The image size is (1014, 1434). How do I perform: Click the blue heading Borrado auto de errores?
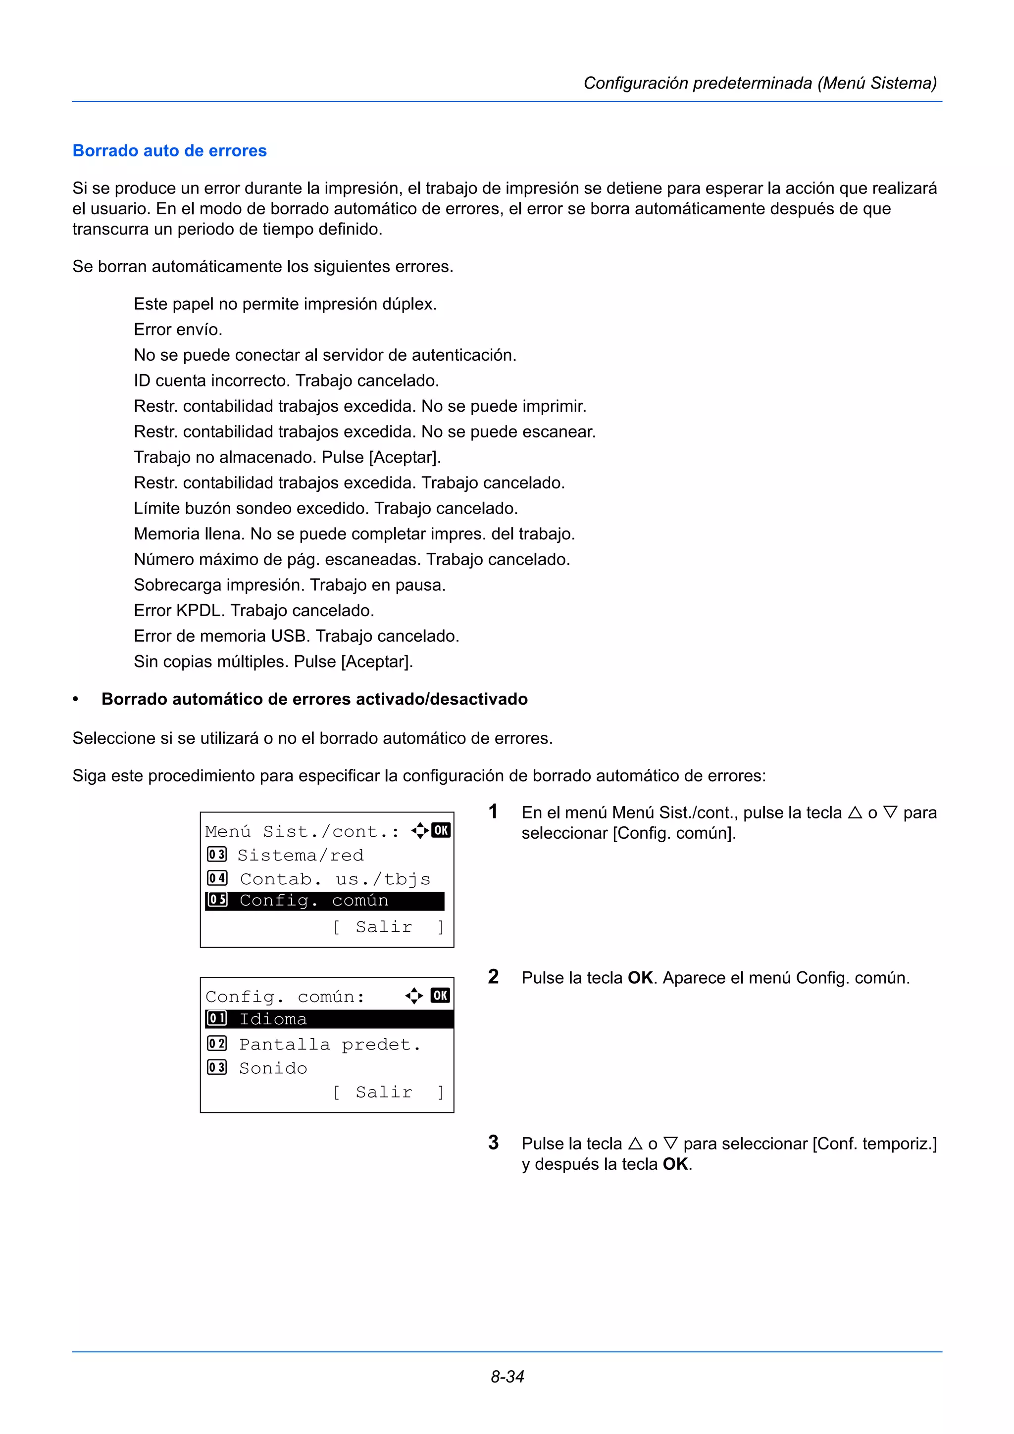pos(169,150)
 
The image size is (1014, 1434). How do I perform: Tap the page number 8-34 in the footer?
pos(507,1376)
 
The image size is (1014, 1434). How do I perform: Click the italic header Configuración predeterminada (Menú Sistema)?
pos(760,83)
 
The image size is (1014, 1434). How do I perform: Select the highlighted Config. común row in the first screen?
pos(324,900)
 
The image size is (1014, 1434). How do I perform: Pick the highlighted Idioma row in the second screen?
pos(329,1019)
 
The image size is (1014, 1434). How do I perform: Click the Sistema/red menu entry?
pos(300,855)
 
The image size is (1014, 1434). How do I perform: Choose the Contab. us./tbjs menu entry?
pos(335,879)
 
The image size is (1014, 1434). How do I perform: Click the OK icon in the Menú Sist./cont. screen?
pos(441,830)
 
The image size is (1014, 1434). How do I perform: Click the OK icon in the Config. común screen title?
pos(441,996)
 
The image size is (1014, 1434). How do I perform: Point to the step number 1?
pos(493,812)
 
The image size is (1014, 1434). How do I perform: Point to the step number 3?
pos(493,1143)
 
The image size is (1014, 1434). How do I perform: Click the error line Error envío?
pos(178,329)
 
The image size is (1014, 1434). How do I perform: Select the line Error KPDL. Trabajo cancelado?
pos(253,610)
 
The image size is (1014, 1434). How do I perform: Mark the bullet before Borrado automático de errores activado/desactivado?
pos(76,700)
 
